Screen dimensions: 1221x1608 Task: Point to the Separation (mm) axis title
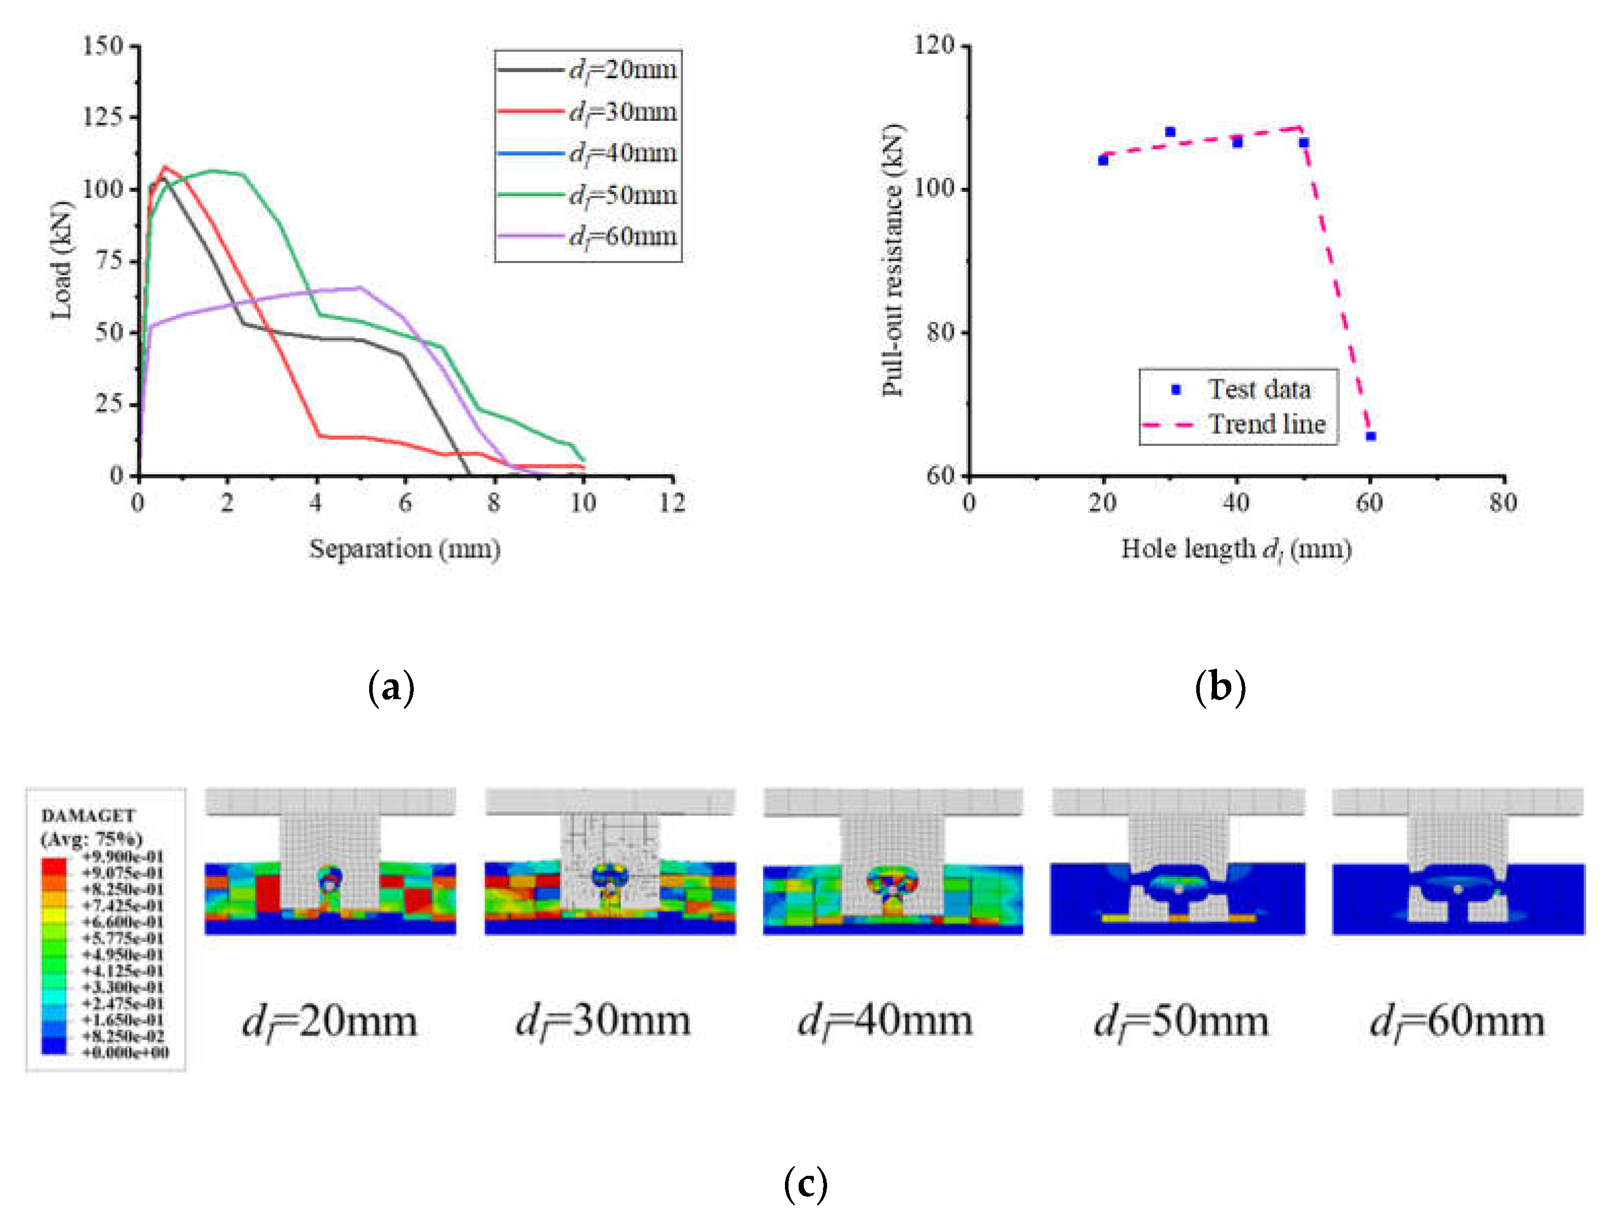(x=404, y=549)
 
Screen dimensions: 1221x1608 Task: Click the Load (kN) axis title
(x=62, y=260)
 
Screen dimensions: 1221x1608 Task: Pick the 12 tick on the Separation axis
(x=672, y=503)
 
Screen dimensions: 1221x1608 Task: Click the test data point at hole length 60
(x=1371, y=436)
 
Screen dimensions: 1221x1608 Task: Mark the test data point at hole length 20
(x=1103, y=160)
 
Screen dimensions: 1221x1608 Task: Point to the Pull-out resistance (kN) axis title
(x=892, y=260)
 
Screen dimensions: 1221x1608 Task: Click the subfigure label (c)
(x=805, y=1184)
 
